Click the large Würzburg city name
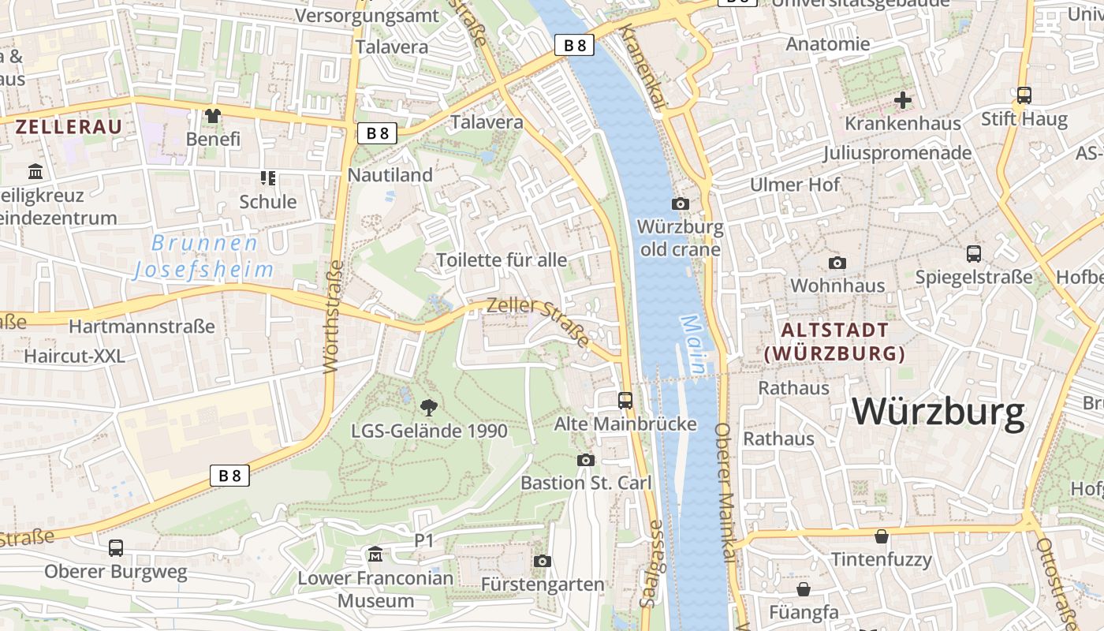938,412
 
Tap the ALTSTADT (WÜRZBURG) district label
834,342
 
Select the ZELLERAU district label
69,126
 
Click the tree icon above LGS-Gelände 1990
429,408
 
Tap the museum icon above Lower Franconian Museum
375,555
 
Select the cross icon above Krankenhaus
903,100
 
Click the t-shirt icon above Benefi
212,116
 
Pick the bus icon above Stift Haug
1024,95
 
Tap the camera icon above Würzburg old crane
680,204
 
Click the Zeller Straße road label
538,321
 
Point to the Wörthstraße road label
334,315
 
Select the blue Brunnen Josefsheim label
204,256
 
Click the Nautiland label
390,175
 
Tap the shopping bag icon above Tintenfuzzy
881,537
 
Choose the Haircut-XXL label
74,356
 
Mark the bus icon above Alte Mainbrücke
625,400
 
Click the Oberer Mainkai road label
726,493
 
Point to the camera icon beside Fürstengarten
542,561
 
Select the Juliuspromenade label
897,152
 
